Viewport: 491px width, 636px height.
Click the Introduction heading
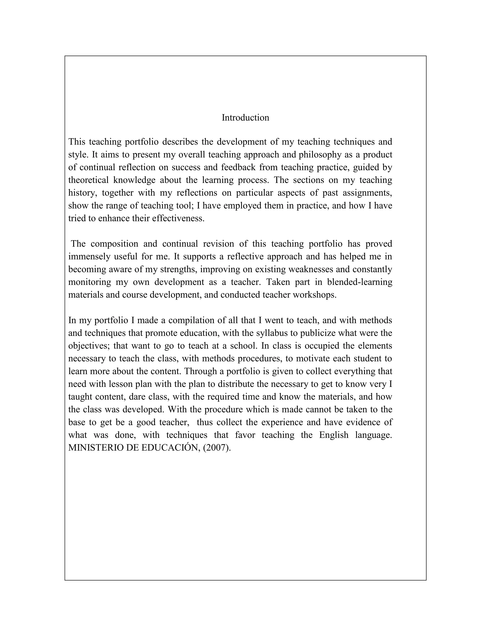[x=245, y=118]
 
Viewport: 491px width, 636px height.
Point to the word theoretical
[x=88, y=180]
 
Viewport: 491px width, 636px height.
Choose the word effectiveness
[x=178, y=218]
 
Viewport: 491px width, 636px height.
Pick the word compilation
[x=191, y=320]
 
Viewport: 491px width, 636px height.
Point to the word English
[x=333, y=435]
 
